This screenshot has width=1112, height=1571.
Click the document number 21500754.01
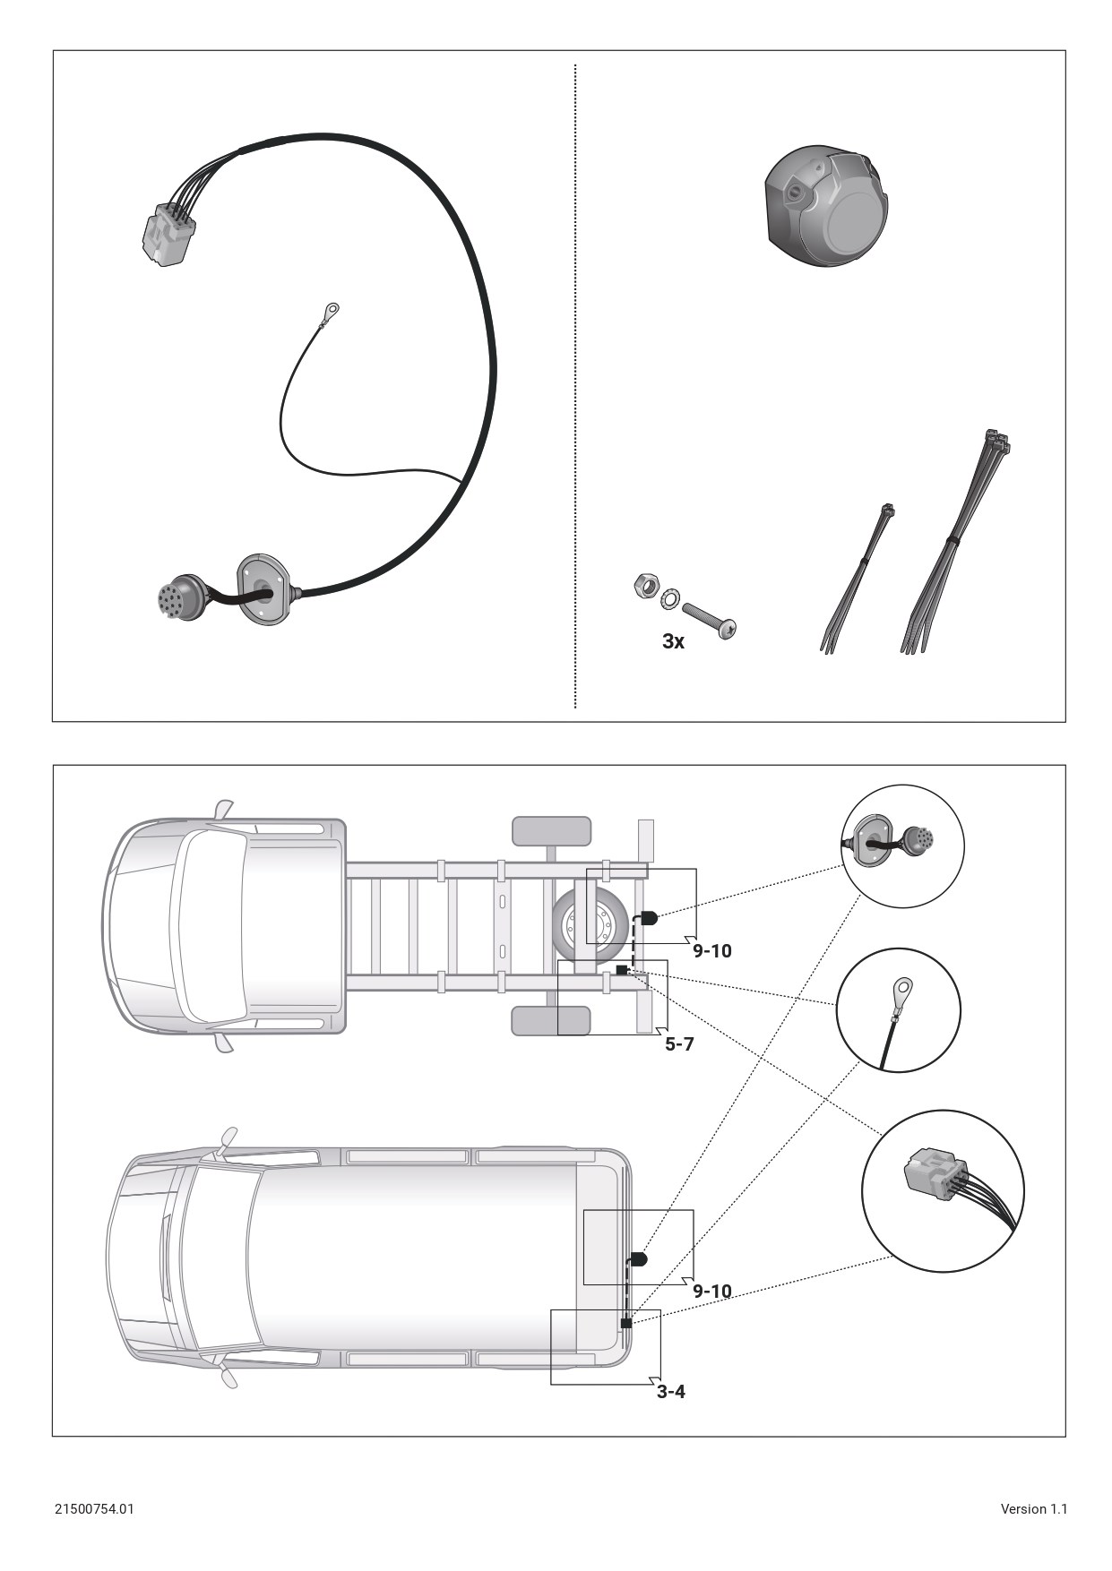coord(94,1508)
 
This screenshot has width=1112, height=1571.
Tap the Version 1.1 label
coord(1033,1508)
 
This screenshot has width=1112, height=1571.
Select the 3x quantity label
coord(673,641)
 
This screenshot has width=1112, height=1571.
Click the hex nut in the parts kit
coord(642,587)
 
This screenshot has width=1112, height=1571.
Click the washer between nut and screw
coord(668,597)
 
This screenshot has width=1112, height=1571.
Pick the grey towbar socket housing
coord(825,207)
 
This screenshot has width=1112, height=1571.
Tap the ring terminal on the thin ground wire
coord(332,312)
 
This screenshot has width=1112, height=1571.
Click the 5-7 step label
coord(679,1043)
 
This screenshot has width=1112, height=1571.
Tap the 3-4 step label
coord(671,1391)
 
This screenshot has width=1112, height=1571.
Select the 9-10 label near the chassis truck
coord(712,950)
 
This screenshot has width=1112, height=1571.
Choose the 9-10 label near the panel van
coord(712,1291)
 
